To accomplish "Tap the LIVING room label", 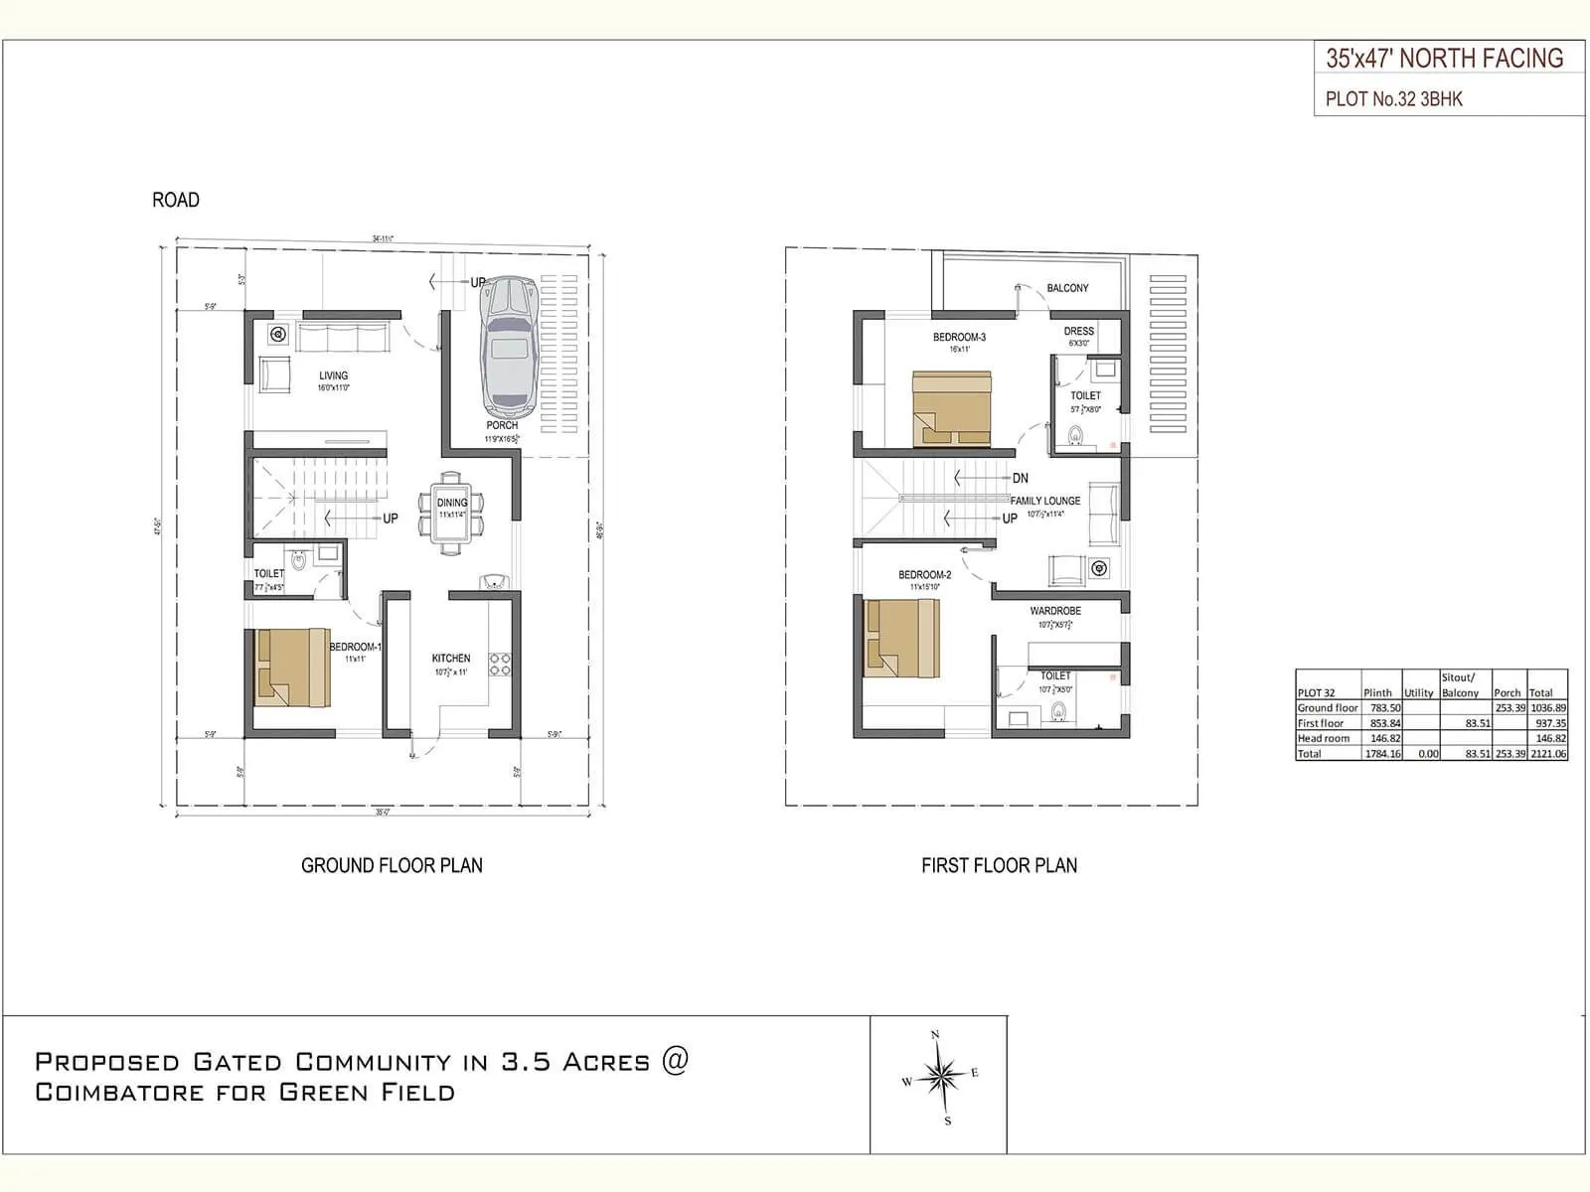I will click(334, 375).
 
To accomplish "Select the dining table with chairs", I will click(452, 512).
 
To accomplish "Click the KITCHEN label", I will click(451, 658).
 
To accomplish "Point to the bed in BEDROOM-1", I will click(291, 667).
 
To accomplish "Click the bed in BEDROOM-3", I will click(952, 408).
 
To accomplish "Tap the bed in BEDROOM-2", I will click(901, 638).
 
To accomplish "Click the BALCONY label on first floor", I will click(1067, 288).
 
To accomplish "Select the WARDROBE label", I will click(1055, 611).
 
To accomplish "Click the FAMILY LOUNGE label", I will click(1045, 501).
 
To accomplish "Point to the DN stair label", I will click(1021, 478).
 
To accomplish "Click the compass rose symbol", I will click(938, 1076).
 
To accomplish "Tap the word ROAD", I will click(176, 200).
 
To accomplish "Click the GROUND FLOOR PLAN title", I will click(392, 865).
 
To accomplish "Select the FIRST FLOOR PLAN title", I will click(999, 865).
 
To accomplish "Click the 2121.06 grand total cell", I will click(1548, 754).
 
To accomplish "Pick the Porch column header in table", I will click(1507, 692).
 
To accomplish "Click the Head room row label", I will click(1324, 738).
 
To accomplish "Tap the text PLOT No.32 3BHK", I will click(1393, 99).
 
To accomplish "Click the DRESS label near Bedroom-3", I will click(1078, 331).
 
